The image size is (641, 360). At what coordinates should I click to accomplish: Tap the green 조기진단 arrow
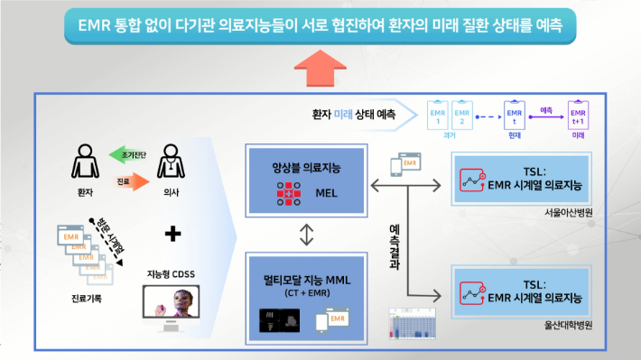click(x=127, y=154)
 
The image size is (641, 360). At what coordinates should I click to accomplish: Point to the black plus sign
click(x=172, y=234)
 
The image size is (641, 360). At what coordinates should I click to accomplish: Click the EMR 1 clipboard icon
click(x=440, y=115)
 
